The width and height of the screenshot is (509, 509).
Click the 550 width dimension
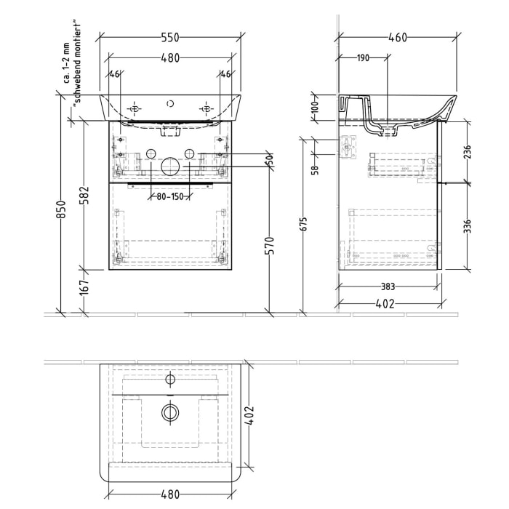pos(170,37)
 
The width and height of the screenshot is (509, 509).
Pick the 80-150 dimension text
pos(169,196)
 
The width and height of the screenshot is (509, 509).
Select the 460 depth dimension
pos(397,37)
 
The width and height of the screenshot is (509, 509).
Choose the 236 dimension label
pos(468,152)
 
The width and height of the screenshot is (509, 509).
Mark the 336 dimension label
pos(468,227)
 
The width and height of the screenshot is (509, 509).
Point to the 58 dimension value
pos(314,170)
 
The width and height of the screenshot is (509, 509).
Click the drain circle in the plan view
pos(170,413)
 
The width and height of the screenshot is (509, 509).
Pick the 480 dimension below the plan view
pos(170,494)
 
